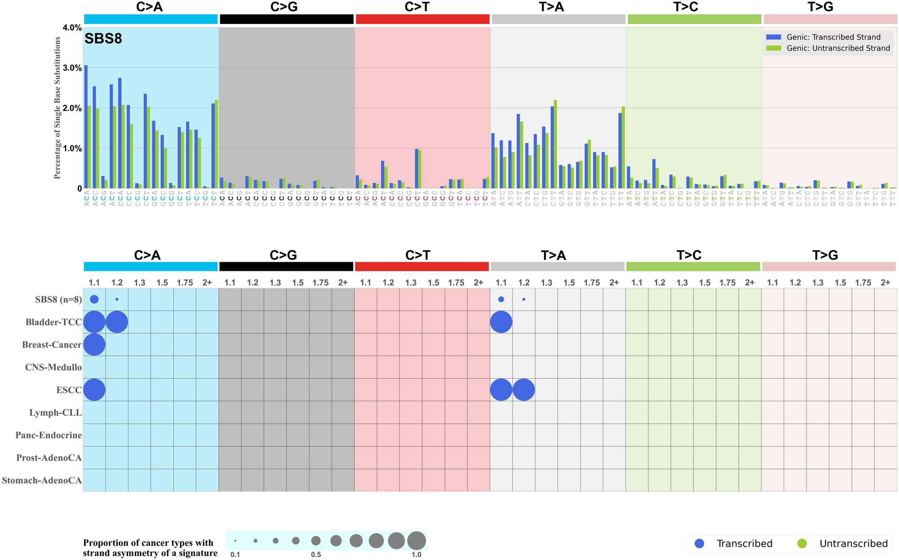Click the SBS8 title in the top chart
pos(103,39)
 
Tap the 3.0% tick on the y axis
pos(72,68)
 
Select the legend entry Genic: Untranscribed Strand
pos(838,48)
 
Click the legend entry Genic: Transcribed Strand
pos(833,37)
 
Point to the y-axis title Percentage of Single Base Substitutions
pos(57,108)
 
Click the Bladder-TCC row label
pos(54,322)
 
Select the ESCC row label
pos(69,390)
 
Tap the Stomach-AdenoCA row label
pos(42,480)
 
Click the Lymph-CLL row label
pos(55,412)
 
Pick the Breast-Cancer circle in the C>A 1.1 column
pos(94,345)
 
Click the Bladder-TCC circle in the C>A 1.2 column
pos(117,322)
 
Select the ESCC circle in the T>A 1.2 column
pos(524,390)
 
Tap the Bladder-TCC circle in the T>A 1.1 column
pos(501,322)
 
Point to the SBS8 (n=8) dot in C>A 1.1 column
pos(94,299)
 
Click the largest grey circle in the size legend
pos(417,541)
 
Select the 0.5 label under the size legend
pos(316,554)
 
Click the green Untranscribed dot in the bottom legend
pos(802,544)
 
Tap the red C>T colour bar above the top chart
pos(423,19)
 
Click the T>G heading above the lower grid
pos(825,255)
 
